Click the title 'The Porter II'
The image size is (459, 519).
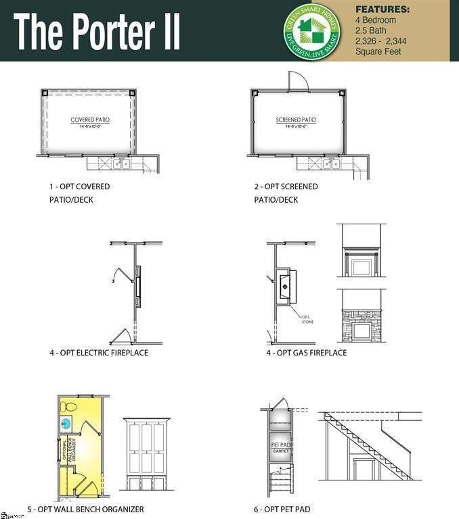(97, 32)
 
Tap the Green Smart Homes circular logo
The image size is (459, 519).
(312, 30)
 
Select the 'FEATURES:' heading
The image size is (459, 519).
(383, 9)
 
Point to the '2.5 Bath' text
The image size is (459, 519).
(371, 30)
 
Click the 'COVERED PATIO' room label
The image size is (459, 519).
(90, 120)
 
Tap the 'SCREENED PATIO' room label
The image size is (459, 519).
(296, 120)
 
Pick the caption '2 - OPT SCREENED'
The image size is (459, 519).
(286, 187)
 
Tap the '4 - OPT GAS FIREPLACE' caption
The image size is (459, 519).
(306, 353)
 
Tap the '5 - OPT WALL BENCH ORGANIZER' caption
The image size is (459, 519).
(85, 509)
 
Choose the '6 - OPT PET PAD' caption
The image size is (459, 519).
(288, 509)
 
